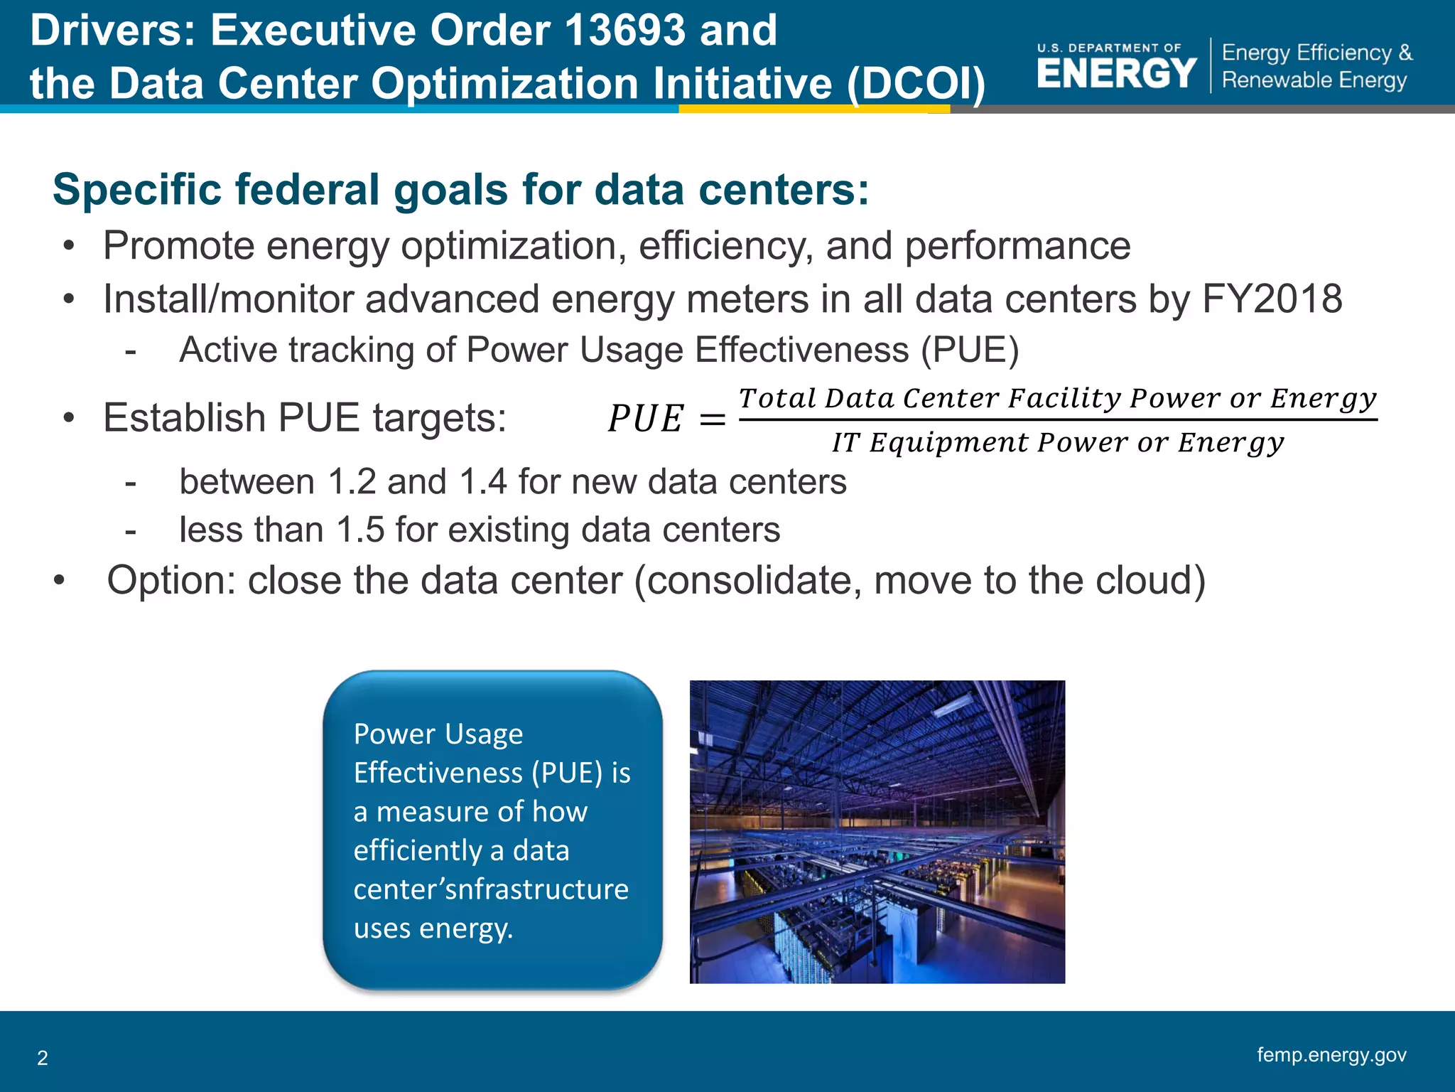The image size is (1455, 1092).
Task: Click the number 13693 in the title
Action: pos(626,31)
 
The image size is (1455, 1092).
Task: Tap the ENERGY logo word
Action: pos(1117,73)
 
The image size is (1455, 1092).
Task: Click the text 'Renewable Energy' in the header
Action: pos(1314,80)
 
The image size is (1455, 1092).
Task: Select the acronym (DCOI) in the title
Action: pos(916,84)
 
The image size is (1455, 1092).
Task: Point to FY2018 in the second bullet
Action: pos(1271,299)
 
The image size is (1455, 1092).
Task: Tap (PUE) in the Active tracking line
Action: pos(970,350)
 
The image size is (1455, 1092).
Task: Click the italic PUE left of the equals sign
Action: pos(645,418)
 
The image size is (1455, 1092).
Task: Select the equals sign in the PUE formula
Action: pos(713,419)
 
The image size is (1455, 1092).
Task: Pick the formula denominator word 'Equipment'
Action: pos(948,442)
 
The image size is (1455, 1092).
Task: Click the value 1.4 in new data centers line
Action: pos(483,482)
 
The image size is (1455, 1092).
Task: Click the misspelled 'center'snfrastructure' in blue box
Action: pos(491,889)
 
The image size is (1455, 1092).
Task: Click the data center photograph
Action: pos(877,832)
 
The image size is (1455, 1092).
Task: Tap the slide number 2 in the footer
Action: pos(43,1058)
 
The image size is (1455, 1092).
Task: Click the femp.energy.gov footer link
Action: pos(1331,1054)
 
